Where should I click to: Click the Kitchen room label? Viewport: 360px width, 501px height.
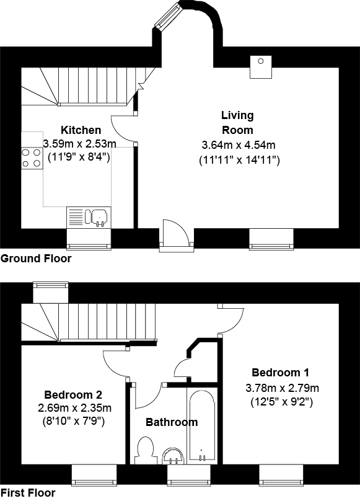pyautogui.click(x=81, y=130)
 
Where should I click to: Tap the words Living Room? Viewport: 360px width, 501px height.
pyautogui.click(x=237, y=123)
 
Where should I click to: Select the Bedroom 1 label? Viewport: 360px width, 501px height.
pyautogui.click(x=280, y=373)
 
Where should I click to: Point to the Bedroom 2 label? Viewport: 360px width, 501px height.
pyautogui.click(x=73, y=394)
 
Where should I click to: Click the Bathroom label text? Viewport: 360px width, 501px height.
pyautogui.click(x=172, y=422)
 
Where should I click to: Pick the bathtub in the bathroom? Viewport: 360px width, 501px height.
pyautogui.click(x=201, y=427)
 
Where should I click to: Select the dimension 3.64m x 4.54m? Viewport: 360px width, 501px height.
pyautogui.click(x=239, y=145)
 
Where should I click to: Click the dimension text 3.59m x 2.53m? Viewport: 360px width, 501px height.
pyautogui.click(x=79, y=143)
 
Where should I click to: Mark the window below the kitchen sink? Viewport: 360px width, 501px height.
pyautogui.click(x=88, y=239)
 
